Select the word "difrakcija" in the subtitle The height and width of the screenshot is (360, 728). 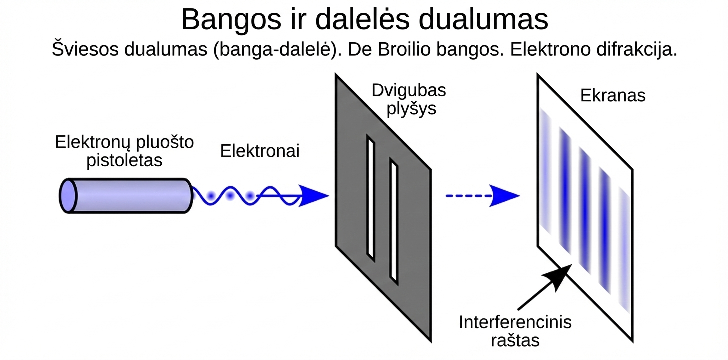(x=631, y=50)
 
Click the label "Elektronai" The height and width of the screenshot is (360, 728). (x=260, y=151)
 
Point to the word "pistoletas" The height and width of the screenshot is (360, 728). (x=124, y=160)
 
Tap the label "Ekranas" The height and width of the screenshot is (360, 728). (x=613, y=95)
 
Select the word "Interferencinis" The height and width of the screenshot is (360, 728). (x=515, y=322)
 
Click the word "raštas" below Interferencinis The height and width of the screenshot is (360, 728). (x=515, y=340)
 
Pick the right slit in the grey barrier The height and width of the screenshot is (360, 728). (x=394, y=223)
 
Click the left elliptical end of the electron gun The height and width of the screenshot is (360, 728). (x=68, y=196)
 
